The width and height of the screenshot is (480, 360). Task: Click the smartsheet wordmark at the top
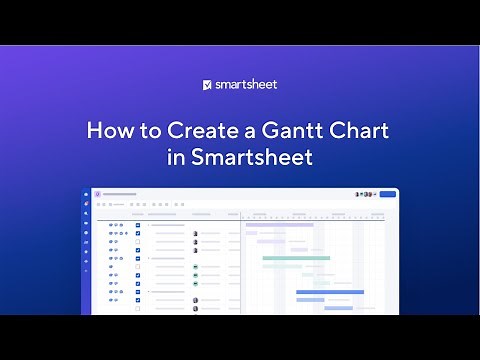pos(246,85)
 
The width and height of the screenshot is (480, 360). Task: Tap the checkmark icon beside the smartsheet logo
pos(207,85)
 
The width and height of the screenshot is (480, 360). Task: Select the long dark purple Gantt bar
pos(279,225)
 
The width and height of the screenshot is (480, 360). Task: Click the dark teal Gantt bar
pos(296,258)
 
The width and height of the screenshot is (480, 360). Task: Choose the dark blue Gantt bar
pos(330,291)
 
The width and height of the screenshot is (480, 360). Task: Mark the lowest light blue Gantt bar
pos(338,308)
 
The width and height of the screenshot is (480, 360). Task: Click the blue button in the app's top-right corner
pos(388,194)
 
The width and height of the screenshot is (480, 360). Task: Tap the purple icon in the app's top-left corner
pos(98,194)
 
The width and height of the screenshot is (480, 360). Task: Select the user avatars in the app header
pos(366,194)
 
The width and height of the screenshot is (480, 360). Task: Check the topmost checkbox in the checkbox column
pos(137,225)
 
